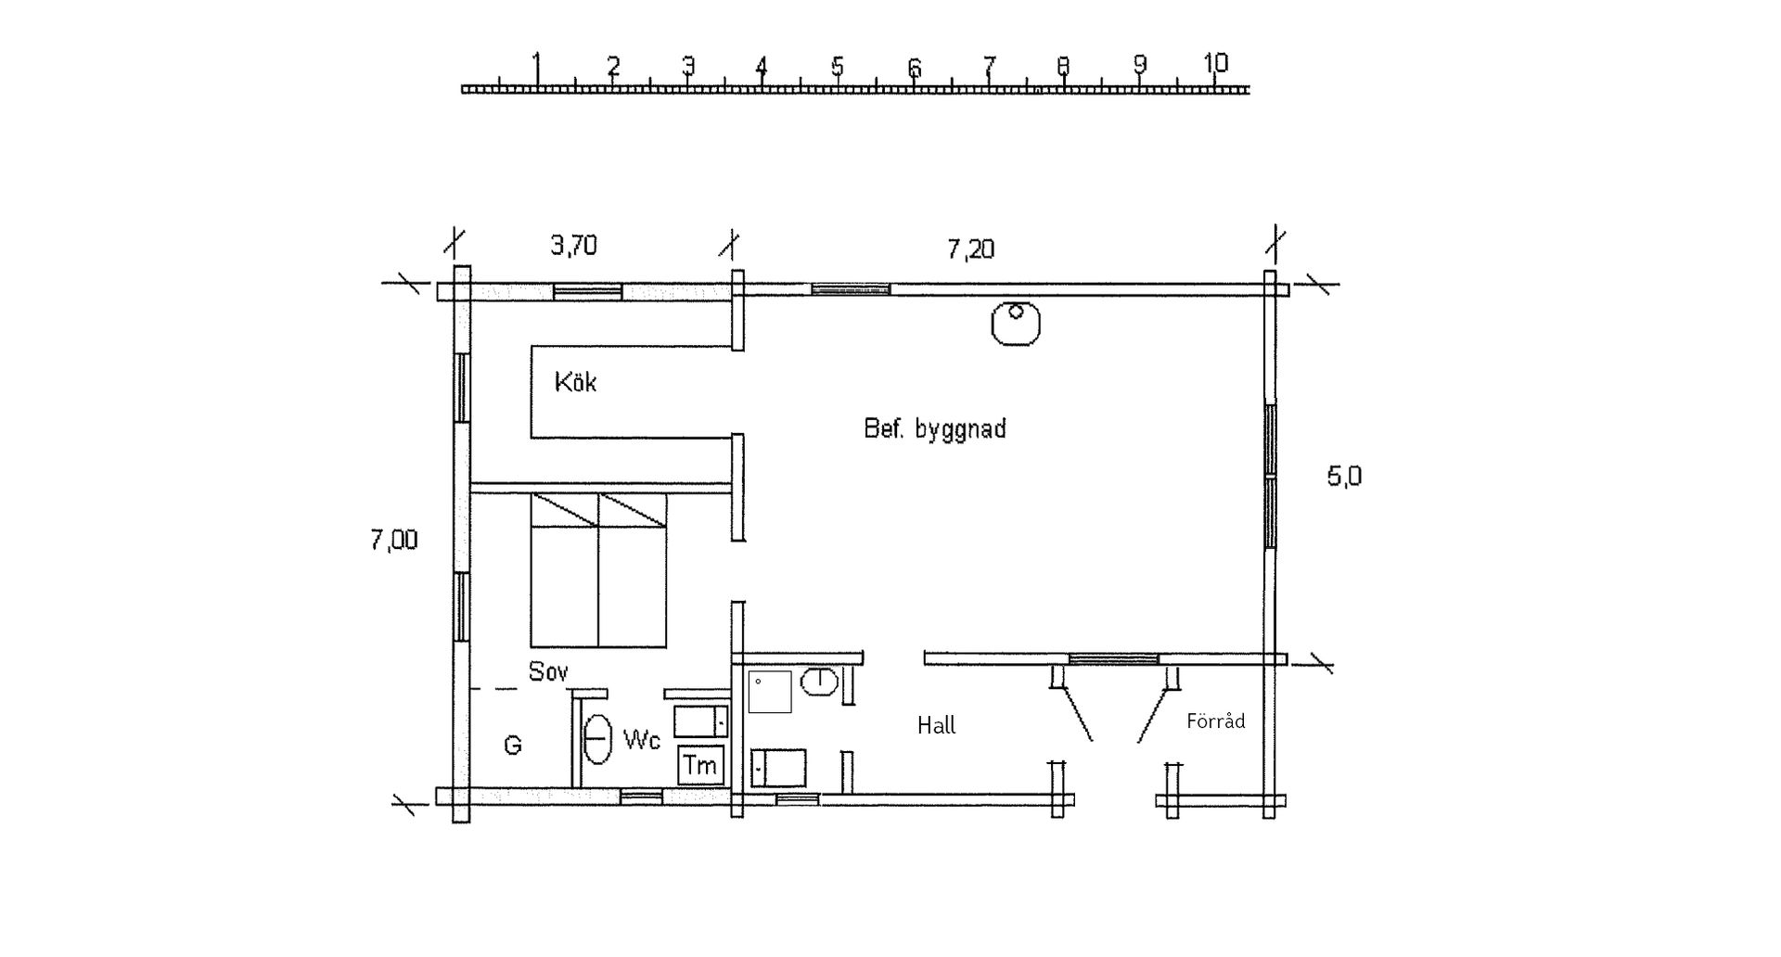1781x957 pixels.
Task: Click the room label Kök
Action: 575,382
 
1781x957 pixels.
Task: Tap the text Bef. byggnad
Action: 935,429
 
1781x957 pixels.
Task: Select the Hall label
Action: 936,725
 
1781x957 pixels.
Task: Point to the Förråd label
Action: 1215,721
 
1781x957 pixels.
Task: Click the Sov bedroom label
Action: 548,671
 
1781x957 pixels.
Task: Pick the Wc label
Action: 642,740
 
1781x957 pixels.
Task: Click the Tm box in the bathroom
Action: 700,765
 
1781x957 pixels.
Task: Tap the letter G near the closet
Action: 512,745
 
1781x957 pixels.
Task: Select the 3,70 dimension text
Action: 574,245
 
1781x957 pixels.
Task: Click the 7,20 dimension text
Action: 970,249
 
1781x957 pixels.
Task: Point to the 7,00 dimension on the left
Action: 394,540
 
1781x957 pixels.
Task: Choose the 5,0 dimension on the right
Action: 1344,477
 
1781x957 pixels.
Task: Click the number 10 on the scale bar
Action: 1215,63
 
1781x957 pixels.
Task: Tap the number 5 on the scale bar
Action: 837,67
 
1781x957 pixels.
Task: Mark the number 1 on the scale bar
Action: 537,65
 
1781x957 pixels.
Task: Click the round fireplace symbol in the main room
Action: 1016,324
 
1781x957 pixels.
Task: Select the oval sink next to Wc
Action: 597,738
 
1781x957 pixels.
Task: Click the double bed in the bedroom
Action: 598,569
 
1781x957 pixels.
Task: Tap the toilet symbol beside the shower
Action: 820,683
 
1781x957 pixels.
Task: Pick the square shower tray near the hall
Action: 770,692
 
